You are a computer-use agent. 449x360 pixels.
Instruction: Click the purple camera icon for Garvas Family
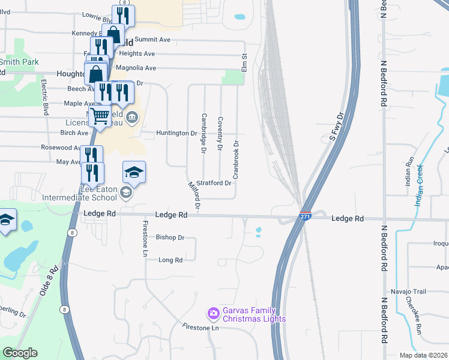(212, 313)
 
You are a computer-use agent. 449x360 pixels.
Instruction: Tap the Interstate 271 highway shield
(306, 216)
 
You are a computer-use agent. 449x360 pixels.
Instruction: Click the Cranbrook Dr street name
(236, 160)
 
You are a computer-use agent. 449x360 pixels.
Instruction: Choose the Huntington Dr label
(176, 133)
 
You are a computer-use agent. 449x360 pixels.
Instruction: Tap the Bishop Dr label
(170, 238)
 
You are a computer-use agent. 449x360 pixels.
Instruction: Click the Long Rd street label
(170, 260)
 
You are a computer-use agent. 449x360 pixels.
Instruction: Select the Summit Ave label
(152, 40)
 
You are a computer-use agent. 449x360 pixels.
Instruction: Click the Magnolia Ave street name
(136, 68)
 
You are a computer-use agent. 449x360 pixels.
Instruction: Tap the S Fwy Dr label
(336, 126)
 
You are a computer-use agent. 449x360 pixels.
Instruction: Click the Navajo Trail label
(409, 292)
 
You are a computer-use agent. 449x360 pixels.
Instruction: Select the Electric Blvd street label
(44, 96)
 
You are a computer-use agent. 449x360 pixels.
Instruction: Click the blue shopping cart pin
(100, 115)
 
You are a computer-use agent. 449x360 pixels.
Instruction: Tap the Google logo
(20, 353)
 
